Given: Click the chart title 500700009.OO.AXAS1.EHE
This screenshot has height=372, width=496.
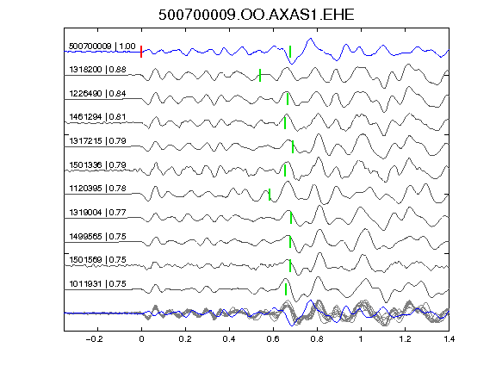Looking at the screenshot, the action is (x=257, y=15).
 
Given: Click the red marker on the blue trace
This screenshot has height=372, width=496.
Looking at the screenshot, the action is (x=141, y=52).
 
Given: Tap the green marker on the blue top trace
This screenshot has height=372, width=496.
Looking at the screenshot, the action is (x=290, y=52).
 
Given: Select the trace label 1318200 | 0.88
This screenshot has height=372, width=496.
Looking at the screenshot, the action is (x=98, y=70).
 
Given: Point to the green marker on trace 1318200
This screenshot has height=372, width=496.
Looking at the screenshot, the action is (x=260, y=75).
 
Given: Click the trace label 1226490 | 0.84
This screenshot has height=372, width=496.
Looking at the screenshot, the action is (x=98, y=94).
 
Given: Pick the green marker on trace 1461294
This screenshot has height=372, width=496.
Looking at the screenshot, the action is (x=285, y=123).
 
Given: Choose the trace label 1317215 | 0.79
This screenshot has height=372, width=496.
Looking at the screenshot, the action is (x=98, y=140).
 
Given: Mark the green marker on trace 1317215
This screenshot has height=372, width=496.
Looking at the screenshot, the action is (x=293, y=146).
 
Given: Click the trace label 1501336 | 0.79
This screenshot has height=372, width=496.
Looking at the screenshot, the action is (x=98, y=164).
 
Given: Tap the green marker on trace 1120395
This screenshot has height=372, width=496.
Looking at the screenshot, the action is (x=270, y=195).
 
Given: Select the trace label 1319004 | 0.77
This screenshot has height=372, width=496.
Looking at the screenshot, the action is (x=98, y=212).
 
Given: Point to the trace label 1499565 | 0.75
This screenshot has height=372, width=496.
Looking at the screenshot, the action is (x=98, y=236).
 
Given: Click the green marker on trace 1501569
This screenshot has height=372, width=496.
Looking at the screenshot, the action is (x=290, y=266).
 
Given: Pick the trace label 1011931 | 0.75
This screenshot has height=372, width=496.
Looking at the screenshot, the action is (x=98, y=284).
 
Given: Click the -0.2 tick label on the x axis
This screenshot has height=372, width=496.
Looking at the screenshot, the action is (x=95, y=339).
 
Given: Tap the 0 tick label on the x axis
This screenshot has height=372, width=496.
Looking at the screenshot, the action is (x=141, y=339).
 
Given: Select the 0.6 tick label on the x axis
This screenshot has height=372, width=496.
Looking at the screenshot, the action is (x=273, y=339).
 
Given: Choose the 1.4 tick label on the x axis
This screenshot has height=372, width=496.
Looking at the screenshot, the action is (x=449, y=339).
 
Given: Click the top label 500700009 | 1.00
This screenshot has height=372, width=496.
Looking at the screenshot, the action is (x=102, y=46).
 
